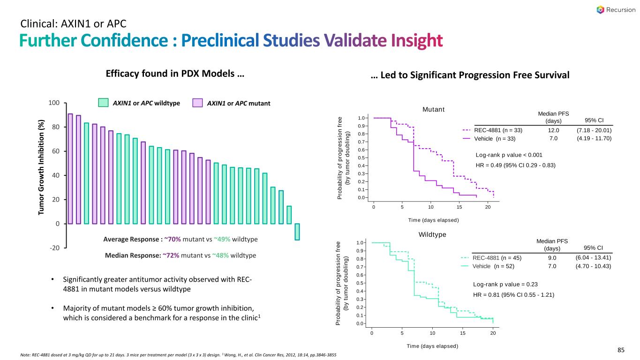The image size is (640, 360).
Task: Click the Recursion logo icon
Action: coord(601,9)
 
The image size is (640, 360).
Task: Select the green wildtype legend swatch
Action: coord(103,103)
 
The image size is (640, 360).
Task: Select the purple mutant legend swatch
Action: coord(199,103)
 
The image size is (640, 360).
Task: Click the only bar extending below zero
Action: coord(297,232)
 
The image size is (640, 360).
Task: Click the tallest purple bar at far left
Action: coord(70,169)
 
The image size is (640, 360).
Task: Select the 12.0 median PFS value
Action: coord(554,130)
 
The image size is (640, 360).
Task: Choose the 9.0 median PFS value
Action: coord(552,257)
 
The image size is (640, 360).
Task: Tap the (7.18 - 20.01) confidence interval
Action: coord(594,130)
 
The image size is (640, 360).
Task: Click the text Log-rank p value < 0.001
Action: coord(509,155)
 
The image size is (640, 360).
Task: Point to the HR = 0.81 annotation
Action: coord(514,295)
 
